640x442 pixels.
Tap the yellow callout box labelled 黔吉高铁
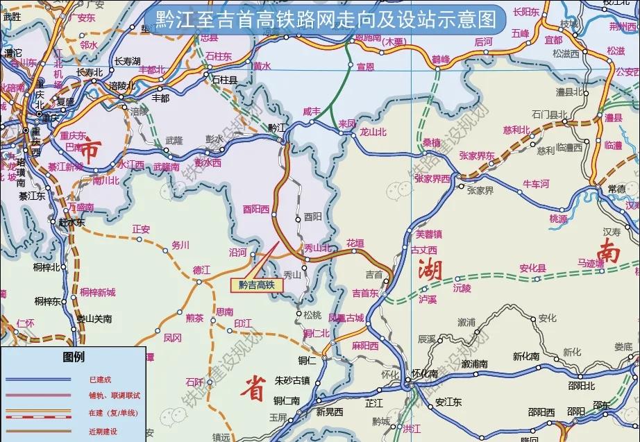257,284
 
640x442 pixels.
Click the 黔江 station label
277,128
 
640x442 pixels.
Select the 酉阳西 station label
255,207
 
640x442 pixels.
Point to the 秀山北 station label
317,248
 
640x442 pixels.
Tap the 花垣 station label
355,243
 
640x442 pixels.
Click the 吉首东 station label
365,293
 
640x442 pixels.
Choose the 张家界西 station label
432,178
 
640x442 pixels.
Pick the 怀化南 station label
425,373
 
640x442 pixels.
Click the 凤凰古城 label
346,318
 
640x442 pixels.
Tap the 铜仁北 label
317,333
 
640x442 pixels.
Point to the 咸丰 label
312,111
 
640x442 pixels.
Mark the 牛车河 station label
535,184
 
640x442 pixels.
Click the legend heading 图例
73,357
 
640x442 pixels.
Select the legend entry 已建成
99,380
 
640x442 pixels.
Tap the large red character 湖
429,270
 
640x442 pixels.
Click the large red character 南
609,251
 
